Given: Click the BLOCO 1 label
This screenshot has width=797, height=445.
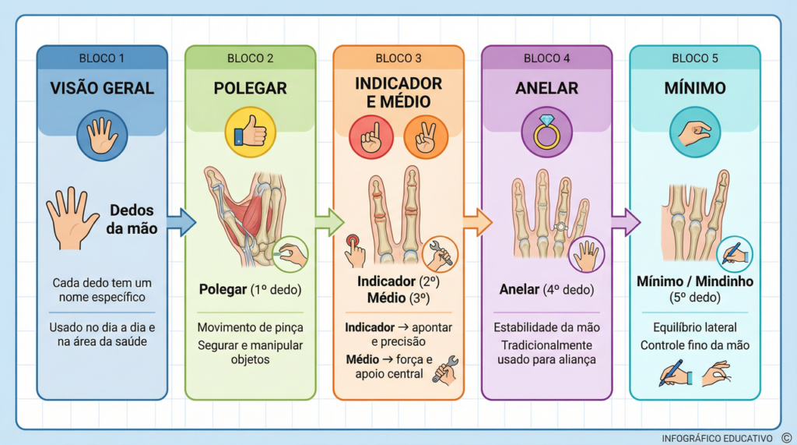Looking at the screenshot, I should [x=102, y=58].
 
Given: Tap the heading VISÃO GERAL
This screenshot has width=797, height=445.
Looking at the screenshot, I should [x=102, y=88].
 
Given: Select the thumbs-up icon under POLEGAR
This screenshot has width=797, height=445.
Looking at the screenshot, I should [x=250, y=132].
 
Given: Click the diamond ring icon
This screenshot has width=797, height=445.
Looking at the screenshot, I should [x=546, y=132].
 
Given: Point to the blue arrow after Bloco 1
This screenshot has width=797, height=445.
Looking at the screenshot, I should [x=181, y=221].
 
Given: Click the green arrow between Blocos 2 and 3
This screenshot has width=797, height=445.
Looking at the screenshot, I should [x=328, y=222].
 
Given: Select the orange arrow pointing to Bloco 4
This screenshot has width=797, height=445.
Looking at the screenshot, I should [x=477, y=222].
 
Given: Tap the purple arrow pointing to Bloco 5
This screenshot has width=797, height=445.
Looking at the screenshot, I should [x=625, y=222].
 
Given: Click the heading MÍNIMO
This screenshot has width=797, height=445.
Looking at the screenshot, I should [x=695, y=88].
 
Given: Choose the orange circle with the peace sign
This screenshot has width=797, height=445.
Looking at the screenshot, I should [x=426, y=136].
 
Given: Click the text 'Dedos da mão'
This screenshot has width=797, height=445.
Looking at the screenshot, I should [x=132, y=219].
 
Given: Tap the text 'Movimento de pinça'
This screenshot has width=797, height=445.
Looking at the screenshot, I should [x=250, y=327].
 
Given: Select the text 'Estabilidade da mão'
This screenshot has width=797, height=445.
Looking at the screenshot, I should [x=546, y=327].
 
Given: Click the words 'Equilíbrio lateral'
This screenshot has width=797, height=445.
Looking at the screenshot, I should [x=695, y=327].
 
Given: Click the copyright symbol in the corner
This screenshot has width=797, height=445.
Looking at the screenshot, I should [x=785, y=437].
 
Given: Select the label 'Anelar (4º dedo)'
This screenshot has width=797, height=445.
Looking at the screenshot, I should [x=546, y=290].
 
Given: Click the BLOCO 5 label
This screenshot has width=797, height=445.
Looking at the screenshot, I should [x=695, y=58].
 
